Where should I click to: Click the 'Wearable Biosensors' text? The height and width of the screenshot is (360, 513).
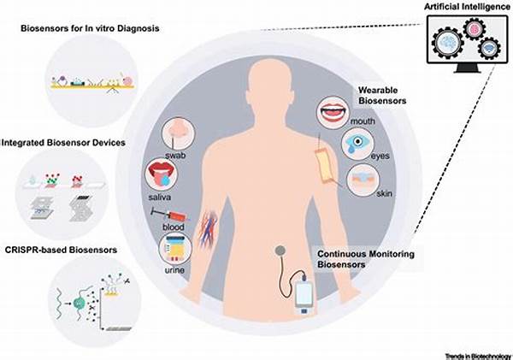point(381,97)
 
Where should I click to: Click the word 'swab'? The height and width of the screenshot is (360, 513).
point(179,158)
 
